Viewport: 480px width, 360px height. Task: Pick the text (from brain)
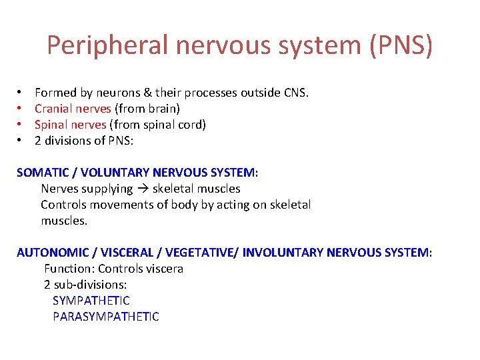147,108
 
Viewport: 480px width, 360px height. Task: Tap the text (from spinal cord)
157,124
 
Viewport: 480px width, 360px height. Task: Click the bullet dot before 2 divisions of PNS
21,140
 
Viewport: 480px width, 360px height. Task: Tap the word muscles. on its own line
64,221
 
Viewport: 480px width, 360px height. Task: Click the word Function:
69,269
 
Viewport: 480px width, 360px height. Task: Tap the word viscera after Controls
163,269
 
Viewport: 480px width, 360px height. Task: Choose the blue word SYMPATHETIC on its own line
91,301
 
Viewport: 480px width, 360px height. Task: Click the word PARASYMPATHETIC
106,317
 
